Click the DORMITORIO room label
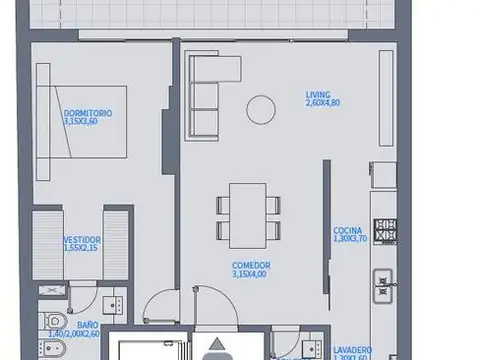click(x=86, y=113)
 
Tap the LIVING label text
click(x=319, y=96)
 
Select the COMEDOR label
click(x=251, y=264)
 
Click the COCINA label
click(x=347, y=229)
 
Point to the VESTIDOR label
click(x=80, y=239)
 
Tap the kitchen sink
click(x=382, y=285)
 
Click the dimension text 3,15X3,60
click(x=86, y=122)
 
